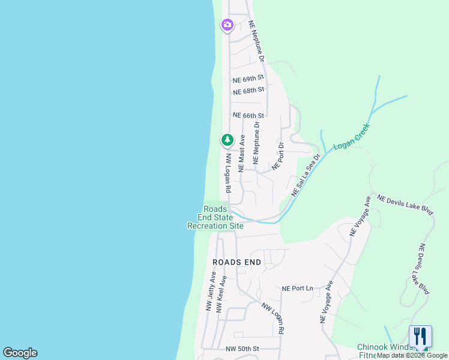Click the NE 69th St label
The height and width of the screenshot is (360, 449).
[249, 79]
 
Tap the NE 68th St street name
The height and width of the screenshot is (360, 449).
[249, 91]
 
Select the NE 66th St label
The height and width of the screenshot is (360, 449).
[249, 115]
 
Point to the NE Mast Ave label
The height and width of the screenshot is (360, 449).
[242, 154]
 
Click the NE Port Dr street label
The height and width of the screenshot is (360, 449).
[278, 156]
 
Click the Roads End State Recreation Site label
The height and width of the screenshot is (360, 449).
[215, 217]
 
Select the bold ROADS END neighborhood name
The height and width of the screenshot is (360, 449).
[237, 262]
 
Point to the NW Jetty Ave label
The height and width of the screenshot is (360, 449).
[211, 291]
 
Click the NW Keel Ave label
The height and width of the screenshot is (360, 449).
[221, 294]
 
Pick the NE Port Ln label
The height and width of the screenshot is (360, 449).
[298, 289]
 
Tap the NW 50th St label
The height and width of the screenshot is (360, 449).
[242, 349]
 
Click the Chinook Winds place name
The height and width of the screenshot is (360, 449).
[385, 347]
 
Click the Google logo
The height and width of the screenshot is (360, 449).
[20, 353]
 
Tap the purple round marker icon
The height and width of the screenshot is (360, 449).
[227, 25]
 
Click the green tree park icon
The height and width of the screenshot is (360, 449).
[227, 140]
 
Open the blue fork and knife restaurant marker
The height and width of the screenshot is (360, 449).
[420, 336]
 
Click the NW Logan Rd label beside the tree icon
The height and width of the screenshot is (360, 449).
[229, 173]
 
